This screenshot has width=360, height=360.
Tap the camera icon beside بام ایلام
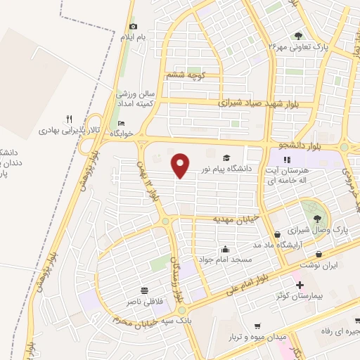(x=133, y=27)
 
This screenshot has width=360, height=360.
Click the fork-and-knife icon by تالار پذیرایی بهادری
(x=68, y=118)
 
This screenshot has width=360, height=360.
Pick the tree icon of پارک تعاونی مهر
(x=299, y=36)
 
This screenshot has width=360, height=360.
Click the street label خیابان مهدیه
(x=237, y=219)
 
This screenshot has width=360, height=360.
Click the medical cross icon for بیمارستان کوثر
(x=300, y=285)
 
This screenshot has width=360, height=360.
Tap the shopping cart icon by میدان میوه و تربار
(x=258, y=326)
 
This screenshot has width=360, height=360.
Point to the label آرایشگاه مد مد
(x=305, y=243)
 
